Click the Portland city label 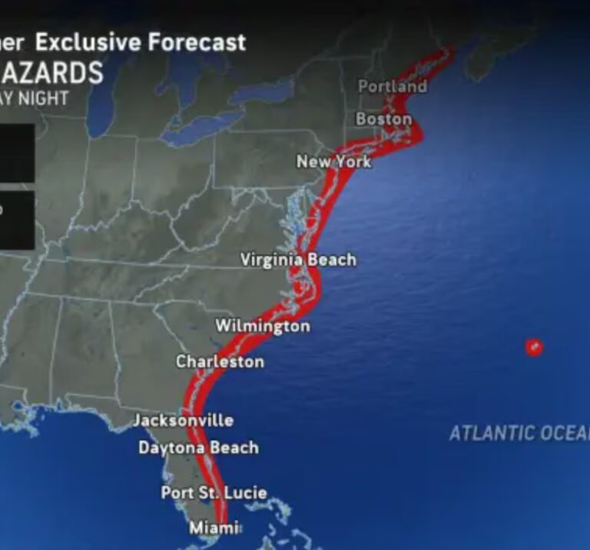[392, 86]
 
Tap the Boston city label [383, 119]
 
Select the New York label [333, 162]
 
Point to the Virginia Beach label [298, 260]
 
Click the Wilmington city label [262, 326]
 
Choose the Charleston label [220, 362]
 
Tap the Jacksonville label [183, 420]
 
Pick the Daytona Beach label [198, 448]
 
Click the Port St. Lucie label [214, 492]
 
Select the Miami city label [214, 528]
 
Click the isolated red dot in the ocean [534, 347]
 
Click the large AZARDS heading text [51, 73]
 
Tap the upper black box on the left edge [16, 152]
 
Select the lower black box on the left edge [16, 220]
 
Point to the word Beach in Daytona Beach [234, 448]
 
